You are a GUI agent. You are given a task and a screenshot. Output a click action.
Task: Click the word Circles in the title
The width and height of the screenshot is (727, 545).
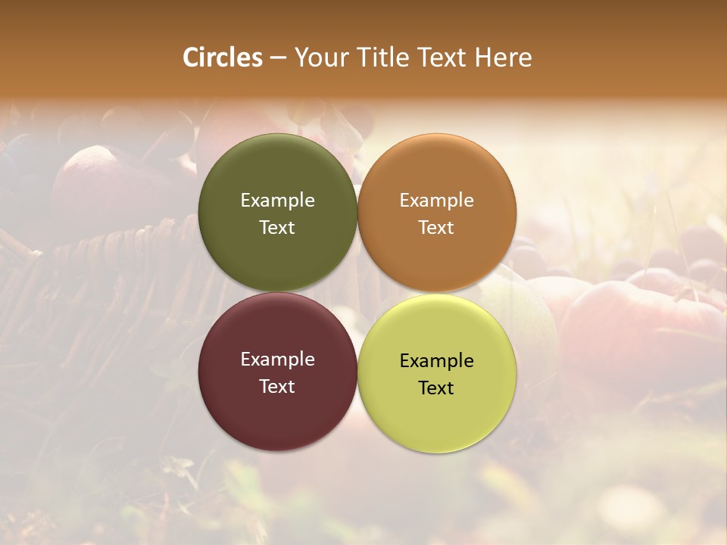click(x=223, y=58)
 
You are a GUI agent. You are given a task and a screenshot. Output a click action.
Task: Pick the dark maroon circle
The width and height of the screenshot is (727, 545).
click(x=277, y=409)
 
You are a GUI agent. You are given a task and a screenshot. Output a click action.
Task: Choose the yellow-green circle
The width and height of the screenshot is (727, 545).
click(x=437, y=416)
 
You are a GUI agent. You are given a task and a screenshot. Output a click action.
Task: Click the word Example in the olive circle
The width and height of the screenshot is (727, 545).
click(x=277, y=200)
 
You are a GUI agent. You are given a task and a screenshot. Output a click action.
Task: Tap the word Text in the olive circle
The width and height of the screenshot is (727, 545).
click(x=277, y=227)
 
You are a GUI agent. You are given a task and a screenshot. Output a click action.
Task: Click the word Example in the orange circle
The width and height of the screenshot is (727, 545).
click(x=437, y=200)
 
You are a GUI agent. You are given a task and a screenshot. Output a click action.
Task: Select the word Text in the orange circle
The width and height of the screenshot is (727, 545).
click(x=437, y=227)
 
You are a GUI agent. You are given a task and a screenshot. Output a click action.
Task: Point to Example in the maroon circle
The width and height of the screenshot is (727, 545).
click(x=277, y=359)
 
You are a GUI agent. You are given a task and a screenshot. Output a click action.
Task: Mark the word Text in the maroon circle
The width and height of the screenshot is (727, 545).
click(x=277, y=386)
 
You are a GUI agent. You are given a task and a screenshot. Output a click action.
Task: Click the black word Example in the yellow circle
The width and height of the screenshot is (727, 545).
click(x=437, y=360)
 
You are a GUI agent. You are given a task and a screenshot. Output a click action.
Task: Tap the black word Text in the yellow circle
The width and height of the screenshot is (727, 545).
click(x=437, y=388)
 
